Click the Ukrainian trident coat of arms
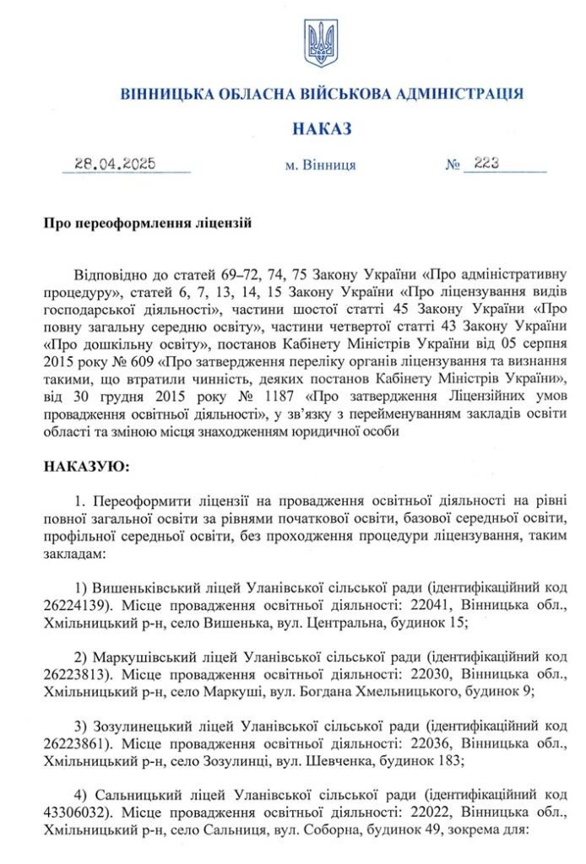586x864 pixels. click(x=321, y=44)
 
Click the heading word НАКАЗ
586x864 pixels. click(x=321, y=129)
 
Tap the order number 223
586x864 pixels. click(x=488, y=165)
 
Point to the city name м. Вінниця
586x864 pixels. click(x=321, y=165)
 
